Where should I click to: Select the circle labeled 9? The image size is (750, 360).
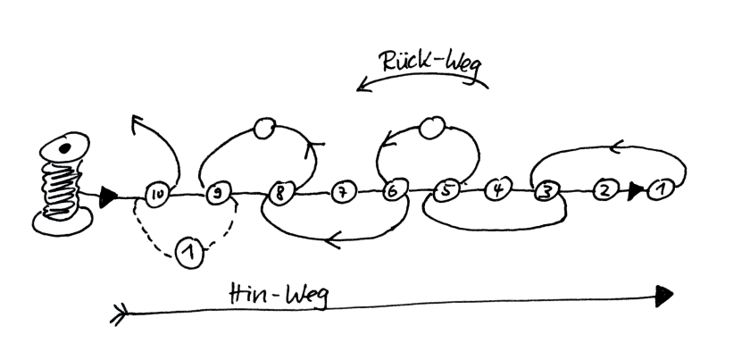click(x=215, y=193)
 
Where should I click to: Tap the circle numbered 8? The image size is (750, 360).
click(x=280, y=193)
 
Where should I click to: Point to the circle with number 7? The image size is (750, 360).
click(x=342, y=192)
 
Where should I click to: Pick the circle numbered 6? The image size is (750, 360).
click(x=392, y=191)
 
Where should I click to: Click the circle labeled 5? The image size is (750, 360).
click(x=447, y=190)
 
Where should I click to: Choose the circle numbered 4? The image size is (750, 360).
click(x=499, y=190)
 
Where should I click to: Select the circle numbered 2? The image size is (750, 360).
click(x=605, y=190)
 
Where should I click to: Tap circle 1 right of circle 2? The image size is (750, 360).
click(x=661, y=189)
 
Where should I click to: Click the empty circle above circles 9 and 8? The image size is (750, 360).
click(x=265, y=129)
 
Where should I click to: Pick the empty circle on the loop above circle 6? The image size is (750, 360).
click(x=433, y=129)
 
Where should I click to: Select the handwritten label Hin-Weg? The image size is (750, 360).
click(x=278, y=295)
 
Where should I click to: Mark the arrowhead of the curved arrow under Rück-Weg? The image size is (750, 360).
click(x=362, y=86)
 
